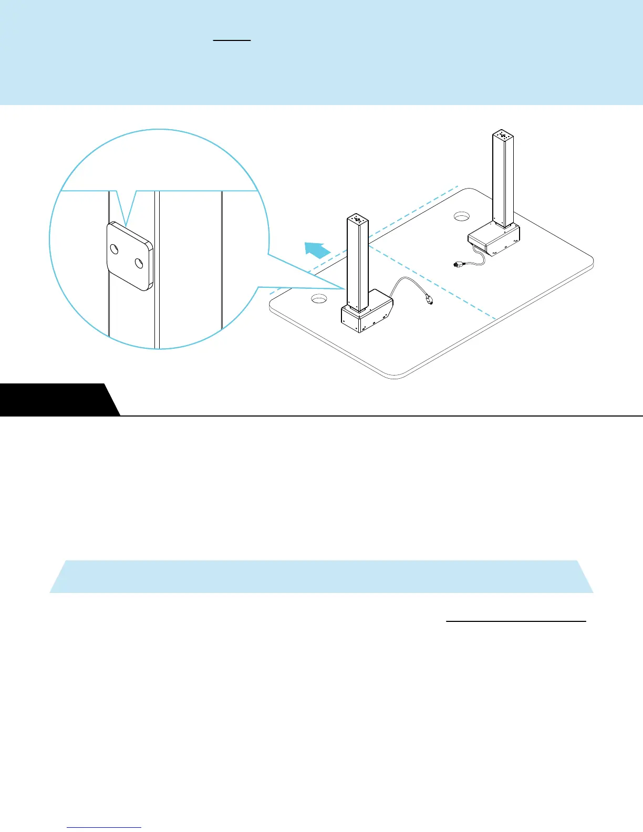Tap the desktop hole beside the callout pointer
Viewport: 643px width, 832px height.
[x=319, y=299]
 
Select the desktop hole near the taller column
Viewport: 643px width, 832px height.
[x=461, y=215]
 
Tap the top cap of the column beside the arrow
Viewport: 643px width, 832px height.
[x=357, y=218]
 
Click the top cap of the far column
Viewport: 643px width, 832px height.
[x=503, y=135]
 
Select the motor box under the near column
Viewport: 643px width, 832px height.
[x=367, y=314]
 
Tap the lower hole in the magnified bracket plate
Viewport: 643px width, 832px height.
[x=139, y=263]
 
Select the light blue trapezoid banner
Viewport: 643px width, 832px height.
[x=321, y=576]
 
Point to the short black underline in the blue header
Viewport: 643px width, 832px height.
[x=232, y=40]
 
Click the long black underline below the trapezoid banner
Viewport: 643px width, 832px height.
[x=516, y=621]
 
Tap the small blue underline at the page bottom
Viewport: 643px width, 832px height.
[x=105, y=828]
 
